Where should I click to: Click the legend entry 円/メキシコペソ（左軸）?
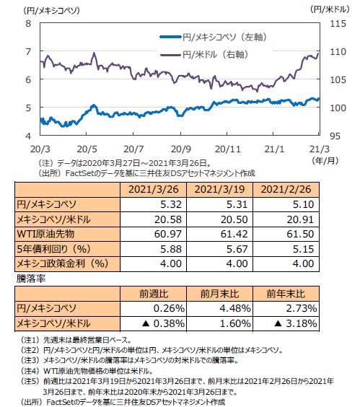coord(214,37)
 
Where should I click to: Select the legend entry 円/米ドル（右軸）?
coord(204,55)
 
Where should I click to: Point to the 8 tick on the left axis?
coord(28,24)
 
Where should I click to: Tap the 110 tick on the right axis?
coord(338,52)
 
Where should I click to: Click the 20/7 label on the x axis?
coord(133,149)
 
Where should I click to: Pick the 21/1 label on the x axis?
coord(274,149)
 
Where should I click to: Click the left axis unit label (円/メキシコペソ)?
coord(51,11)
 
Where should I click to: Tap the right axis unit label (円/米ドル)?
coord(330,9)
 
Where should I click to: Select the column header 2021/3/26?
coord(154,189)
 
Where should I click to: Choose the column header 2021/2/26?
coord(286,189)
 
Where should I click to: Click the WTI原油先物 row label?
coord(45,234)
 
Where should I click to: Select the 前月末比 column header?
coord(219,294)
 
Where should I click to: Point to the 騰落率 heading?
coord(31,279)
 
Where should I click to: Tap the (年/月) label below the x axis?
coord(325,161)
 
